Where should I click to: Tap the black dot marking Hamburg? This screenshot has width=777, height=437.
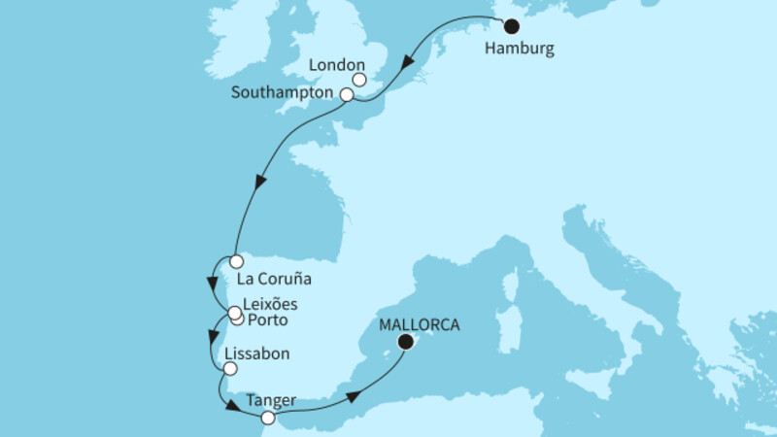point(512,27)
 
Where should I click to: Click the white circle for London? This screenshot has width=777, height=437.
point(359,81)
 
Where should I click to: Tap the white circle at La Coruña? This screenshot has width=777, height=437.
point(235,260)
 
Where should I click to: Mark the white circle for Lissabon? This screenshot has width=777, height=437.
point(229,368)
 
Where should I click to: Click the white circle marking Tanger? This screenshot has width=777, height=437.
point(267,418)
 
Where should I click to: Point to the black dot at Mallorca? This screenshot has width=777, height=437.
point(405,341)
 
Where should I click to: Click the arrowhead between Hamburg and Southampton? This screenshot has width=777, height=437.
point(410,69)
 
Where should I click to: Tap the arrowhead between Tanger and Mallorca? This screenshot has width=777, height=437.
point(355,395)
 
